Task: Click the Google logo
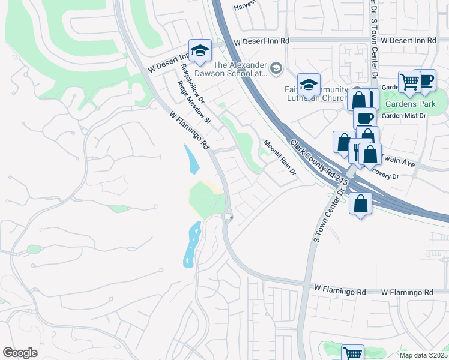[x=20, y=353]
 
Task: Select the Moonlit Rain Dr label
[x=280, y=157]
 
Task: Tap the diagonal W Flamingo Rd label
[x=188, y=129]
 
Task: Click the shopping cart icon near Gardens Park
[x=409, y=81]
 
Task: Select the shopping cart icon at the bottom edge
[x=352, y=353]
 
